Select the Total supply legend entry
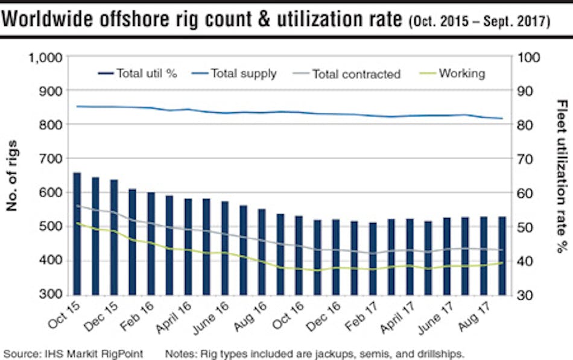(x=235, y=74)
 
